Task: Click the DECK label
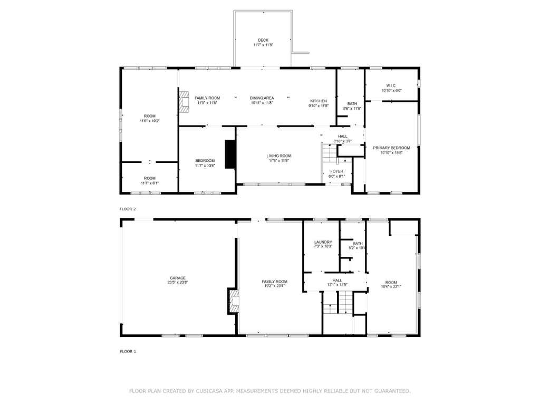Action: pos(263,40)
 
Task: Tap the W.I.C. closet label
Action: pos(391,85)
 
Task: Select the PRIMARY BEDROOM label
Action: pos(392,148)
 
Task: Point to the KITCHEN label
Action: pos(319,101)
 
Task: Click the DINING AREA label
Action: pos(262,98)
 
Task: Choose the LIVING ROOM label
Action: pos(279,156)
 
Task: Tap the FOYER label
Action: pos(336,171)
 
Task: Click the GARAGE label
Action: pos(178,278)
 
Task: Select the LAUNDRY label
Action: pos(323,242)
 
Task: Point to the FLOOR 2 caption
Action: pos(128,209)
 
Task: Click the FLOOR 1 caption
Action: pos(128,352)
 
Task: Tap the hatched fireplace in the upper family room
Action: pos(184,102)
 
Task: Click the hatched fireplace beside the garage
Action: pos(233,301)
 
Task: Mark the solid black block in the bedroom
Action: pos(230,154)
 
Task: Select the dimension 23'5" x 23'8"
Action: pos(178,283)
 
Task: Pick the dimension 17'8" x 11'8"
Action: pos(279,160)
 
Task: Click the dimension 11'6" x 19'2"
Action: pos(150,121)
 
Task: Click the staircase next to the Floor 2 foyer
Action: pos(330,153)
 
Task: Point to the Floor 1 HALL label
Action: pos(337,281)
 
